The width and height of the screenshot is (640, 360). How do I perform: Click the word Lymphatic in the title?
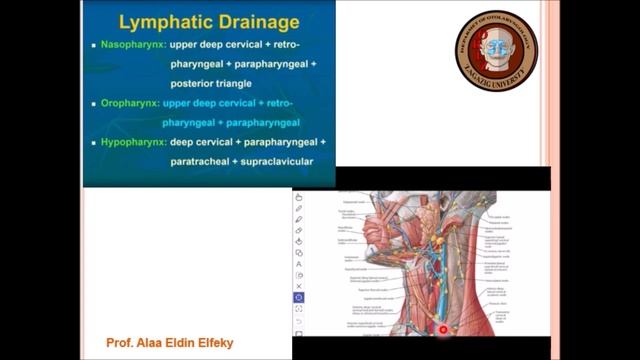(x=159, y=21)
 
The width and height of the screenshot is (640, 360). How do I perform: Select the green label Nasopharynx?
(x=136, y=46)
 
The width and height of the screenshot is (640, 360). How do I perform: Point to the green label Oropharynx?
(x=133, y=104)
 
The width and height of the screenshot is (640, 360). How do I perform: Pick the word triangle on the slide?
(x=221, y=84)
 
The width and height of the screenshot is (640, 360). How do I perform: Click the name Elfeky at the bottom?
(x=218, y=342)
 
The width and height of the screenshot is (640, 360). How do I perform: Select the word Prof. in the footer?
(x=120, y=342)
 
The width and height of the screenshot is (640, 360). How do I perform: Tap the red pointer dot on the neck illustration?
(x=442, y=329)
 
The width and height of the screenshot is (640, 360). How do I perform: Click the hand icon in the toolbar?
(x=299, y=197)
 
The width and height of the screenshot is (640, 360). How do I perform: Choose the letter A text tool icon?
(x=299, y=264)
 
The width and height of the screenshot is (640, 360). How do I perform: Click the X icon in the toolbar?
(x=299, y=286)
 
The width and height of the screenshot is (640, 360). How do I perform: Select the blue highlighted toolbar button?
(x=299, y=297)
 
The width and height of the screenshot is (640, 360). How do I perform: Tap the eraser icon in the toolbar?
(x=299, y=231)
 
